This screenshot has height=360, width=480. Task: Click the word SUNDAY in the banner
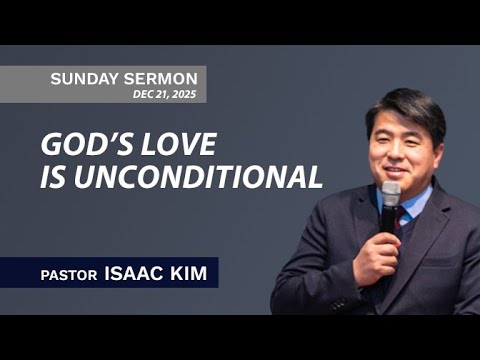[83, 78]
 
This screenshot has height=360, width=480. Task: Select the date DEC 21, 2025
[164, 94]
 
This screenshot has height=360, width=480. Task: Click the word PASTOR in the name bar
[70, 272]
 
